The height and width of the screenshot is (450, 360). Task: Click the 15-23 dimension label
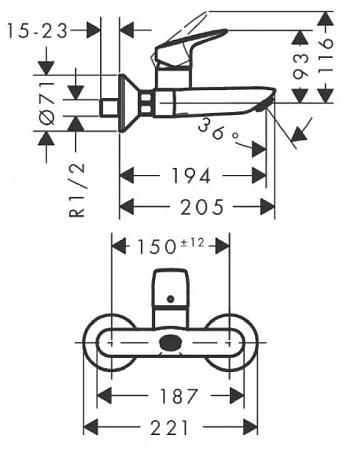coord(38,30)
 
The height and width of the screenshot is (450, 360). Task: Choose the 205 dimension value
coord(197,206)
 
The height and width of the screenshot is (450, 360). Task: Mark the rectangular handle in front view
coord(170,292)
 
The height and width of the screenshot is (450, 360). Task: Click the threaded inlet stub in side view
coord(108,103)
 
